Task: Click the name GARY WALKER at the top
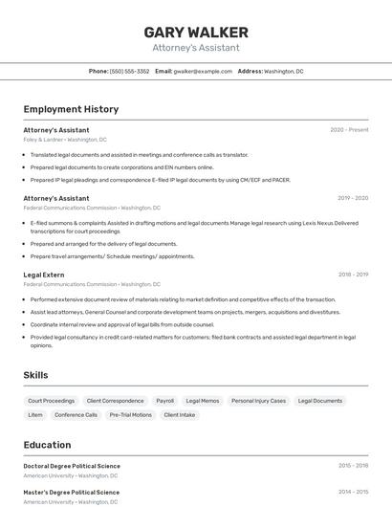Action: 196,33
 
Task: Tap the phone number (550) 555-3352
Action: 129,71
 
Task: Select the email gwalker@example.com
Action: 203,71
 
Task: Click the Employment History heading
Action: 71,109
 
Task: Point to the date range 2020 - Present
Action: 349,130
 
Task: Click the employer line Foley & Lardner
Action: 65,140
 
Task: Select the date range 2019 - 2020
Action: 352,198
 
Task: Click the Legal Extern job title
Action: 44,275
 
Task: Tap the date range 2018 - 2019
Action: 352,275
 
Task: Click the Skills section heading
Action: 36,376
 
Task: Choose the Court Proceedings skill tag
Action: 51,401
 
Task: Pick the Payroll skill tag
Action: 164,401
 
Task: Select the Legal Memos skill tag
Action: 203,401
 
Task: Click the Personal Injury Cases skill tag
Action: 258,401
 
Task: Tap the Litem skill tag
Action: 35,415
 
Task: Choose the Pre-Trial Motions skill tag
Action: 130,415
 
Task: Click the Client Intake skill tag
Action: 179,415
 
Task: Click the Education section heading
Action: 48,445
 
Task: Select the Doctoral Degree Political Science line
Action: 72,466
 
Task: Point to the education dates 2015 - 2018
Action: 352,466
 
